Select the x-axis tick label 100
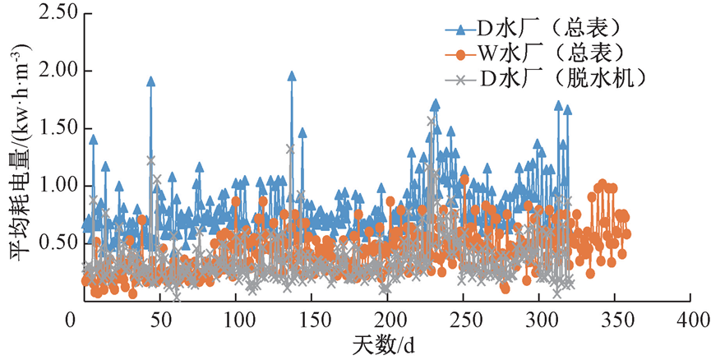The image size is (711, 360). (237, 318)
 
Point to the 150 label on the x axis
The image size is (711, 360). (312, 318)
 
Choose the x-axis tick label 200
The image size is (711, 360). (389, 318)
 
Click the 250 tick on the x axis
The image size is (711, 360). (464, 318)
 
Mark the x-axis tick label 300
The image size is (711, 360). (541, 318)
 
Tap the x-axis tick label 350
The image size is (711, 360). (616, 318)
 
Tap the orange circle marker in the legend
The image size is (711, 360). (461, 54)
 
